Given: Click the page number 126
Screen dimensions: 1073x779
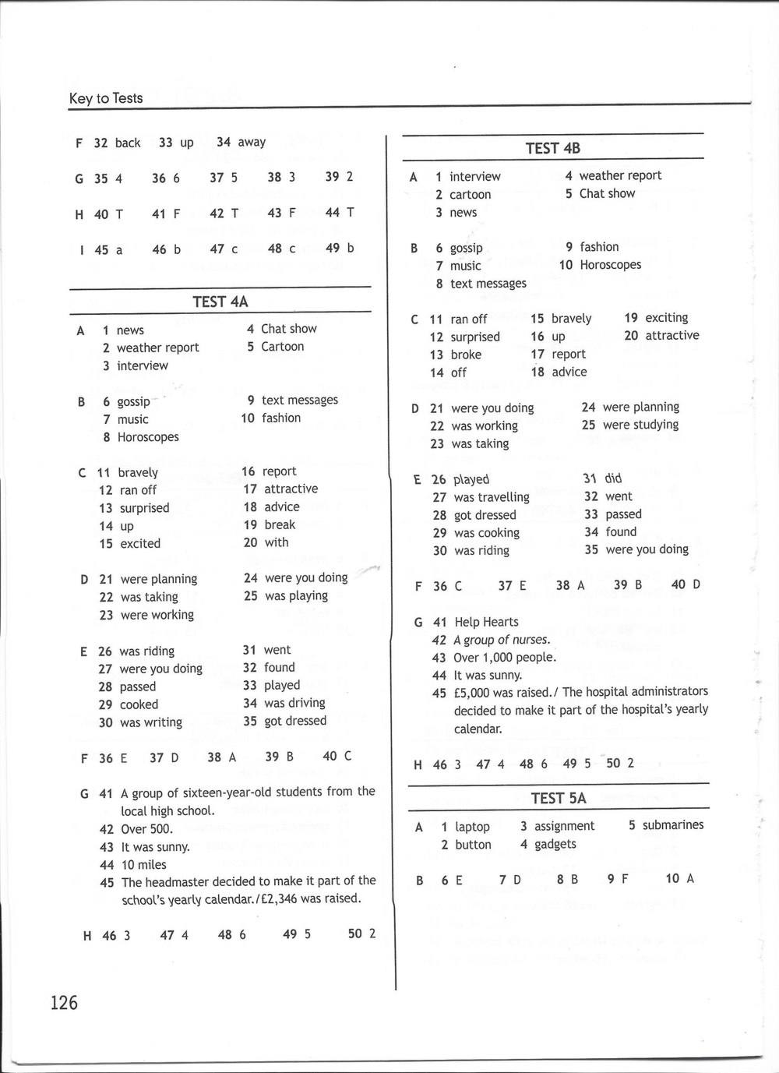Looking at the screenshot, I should (64, 1002).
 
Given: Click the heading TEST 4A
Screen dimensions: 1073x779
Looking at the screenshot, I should (220, 302).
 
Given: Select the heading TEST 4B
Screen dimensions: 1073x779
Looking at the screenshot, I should (552, 148).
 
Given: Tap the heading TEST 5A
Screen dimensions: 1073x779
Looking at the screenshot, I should (558, 798).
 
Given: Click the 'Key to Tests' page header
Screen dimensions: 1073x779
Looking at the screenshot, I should (106, 98).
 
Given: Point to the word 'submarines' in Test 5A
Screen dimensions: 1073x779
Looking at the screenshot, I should (673, 825).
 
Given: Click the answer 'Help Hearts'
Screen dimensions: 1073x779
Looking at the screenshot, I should (486, 622).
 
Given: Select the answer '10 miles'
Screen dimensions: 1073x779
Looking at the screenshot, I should (143, 864).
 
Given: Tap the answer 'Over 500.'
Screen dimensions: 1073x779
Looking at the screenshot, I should (147, 829).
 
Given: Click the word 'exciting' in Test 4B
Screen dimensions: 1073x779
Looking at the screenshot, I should (666, 318).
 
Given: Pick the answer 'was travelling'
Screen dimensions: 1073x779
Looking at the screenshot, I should (491, 497).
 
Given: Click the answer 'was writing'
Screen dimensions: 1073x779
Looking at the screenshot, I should (151, 722).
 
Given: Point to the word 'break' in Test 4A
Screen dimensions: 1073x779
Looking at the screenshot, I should (280, 524).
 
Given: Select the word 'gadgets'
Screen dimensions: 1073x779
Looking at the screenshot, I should (555, 844).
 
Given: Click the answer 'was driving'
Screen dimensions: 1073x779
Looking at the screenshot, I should (294, 703).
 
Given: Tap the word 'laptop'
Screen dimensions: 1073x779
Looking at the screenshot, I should (472, 827).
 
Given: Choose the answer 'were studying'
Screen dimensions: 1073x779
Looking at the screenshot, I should (640, 425).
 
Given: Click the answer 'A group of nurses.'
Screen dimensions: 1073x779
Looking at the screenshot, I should (502, 640).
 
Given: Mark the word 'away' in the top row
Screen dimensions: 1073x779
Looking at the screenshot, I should (252, 142).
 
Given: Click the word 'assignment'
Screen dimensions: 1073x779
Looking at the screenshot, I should (564, 826).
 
